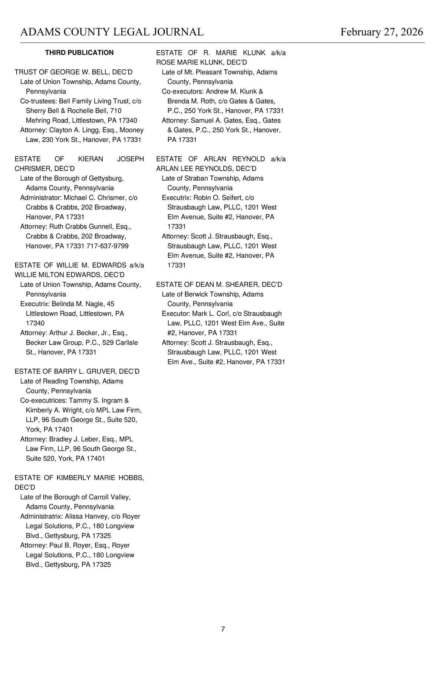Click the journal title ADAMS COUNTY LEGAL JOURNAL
tap(112, 32)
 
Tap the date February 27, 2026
tap(382, 32)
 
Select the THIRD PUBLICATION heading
tap(79, 53)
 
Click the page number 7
tap(223, 629)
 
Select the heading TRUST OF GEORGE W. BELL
tap(73, 72)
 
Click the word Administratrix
tap(41, 516)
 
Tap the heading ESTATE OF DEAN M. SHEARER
tap(219, 284)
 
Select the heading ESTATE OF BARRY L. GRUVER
tap(77, 371)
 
